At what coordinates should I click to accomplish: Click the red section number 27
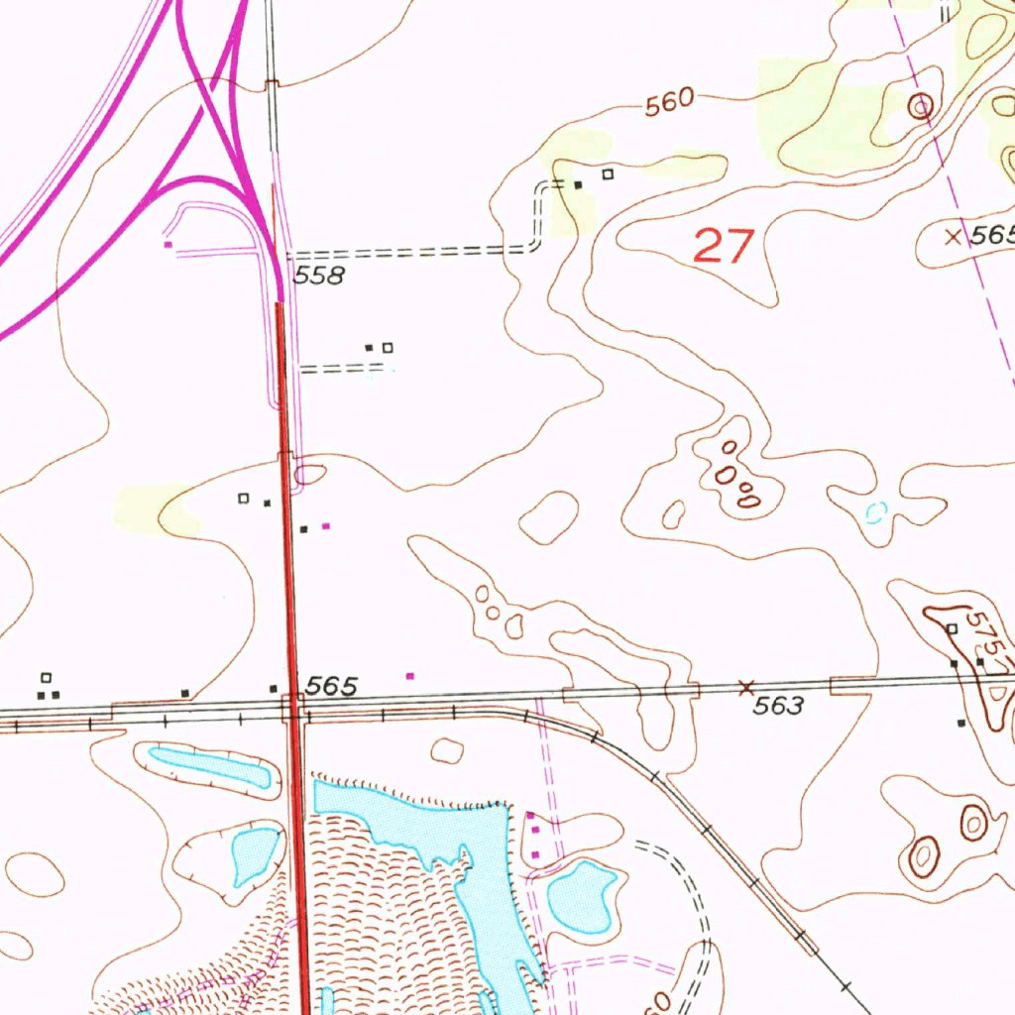pyautogui.click(x=724, y=246)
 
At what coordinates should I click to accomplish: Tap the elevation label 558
pyautogui.click(x=319, y=277)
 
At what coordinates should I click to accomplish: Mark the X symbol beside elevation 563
pyautogui.click(x=747, y=686)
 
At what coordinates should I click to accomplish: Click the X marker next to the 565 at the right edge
pyautogui.click(x=953, y=236)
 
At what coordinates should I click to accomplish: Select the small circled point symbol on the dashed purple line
pyautogui.click(x=921, y=105)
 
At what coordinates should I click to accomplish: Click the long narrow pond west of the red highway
pyautogui.click(x=210, y=767)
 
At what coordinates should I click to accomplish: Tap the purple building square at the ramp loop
pyautogui.click(x=169, y=243)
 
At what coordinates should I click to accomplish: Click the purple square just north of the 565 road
pyautogui.click(x=410, y=676)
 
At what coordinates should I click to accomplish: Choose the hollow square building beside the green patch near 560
pyautogui.click(x=609, y=174)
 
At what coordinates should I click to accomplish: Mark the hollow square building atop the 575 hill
pyautogui.click(x=951, y=629)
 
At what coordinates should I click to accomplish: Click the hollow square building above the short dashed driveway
pyautogui.click(x=388, y=347)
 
